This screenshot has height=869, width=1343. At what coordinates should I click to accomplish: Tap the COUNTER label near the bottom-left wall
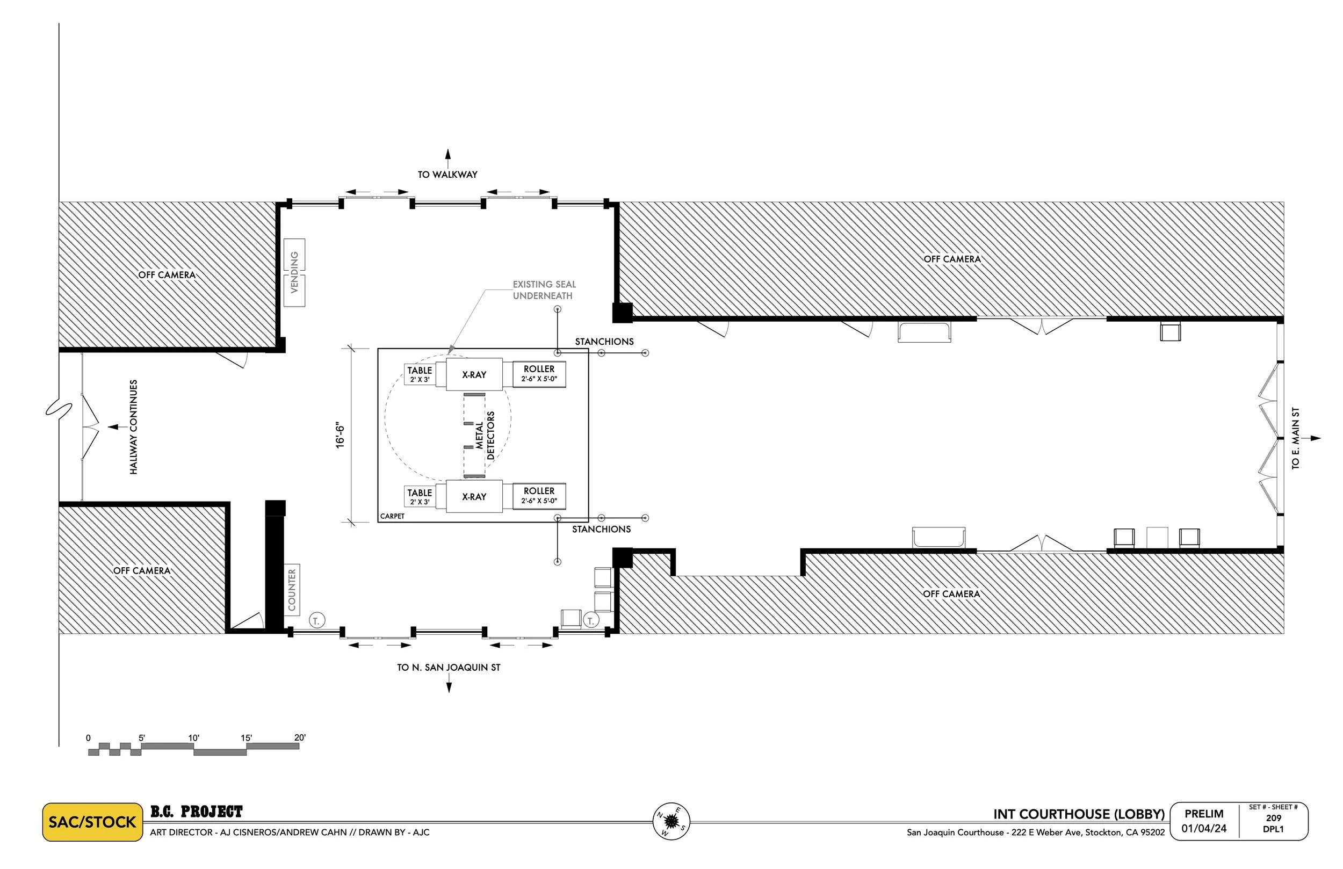(292, 590)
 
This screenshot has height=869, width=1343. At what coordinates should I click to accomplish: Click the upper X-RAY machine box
(474, 375)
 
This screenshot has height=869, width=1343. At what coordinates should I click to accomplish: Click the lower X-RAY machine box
(474, 497)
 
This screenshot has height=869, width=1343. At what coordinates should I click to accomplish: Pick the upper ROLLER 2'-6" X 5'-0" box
(539, 374)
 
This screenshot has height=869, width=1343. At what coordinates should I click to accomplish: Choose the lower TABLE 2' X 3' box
(420, 497)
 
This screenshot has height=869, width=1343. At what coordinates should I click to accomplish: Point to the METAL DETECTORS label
(485, 435)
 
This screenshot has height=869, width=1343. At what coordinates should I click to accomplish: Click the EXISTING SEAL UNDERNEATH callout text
(544, 290)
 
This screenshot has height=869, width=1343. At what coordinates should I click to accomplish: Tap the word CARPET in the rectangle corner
(392, 516)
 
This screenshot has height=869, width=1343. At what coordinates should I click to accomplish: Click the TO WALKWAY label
(447, 175)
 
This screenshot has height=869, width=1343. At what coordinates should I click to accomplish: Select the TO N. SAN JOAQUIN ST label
(449, 668)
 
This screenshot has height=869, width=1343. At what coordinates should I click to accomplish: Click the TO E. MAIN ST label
(1296, 438)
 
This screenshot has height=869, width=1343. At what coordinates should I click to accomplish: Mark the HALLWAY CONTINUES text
(134, 426)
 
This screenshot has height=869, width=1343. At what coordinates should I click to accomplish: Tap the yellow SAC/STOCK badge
(92, 822)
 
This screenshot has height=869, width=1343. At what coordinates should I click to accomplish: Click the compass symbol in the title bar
(671, 821)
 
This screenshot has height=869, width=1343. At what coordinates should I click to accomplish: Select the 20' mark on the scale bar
(300, 737)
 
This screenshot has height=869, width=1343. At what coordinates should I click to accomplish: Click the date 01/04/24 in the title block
(1204, 829)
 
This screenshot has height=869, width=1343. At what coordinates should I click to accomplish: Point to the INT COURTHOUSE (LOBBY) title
(1079, 814)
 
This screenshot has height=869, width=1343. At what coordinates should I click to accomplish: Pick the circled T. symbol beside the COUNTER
(316, 621)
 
